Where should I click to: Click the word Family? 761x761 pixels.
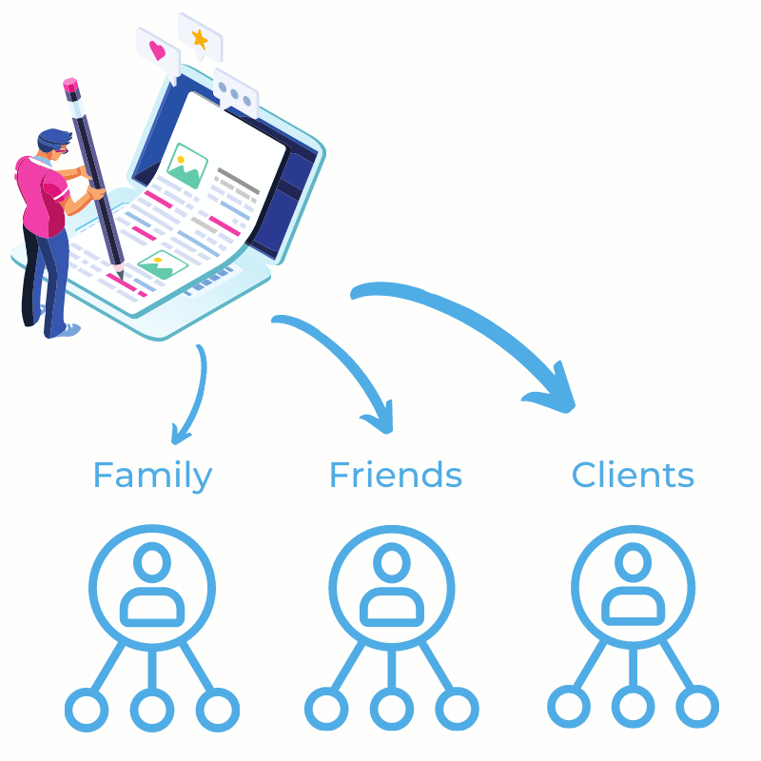(x=152, y=476)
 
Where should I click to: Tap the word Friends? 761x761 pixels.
(x=396, y=474)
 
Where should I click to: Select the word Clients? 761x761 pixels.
(x=633, y=474)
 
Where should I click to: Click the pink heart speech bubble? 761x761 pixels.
(x=158, y=54)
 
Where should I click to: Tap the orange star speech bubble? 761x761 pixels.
(x=200, y=37)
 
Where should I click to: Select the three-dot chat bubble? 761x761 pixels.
(x=235, y=93)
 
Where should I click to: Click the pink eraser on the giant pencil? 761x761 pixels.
(x=70, y=85)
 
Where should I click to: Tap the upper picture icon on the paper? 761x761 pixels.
(x=186, y=166)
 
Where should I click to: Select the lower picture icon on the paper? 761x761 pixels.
(x=163, y=265)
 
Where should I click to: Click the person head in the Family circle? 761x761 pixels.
(x=152, y=562)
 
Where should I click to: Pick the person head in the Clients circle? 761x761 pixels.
(x=633, y=562)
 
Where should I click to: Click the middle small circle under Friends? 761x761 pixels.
(x=392, y=709)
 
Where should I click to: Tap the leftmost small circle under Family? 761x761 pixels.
(x=87, y=710)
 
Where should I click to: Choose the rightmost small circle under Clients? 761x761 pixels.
(x=697, y=707)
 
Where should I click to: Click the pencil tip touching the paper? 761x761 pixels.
(x=120, y=275)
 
